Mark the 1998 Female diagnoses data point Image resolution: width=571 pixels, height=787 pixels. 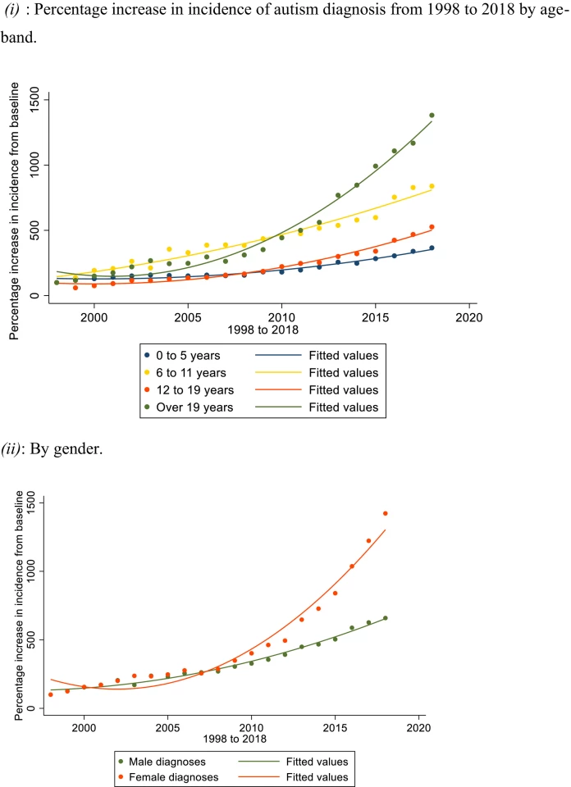(51, 694)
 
